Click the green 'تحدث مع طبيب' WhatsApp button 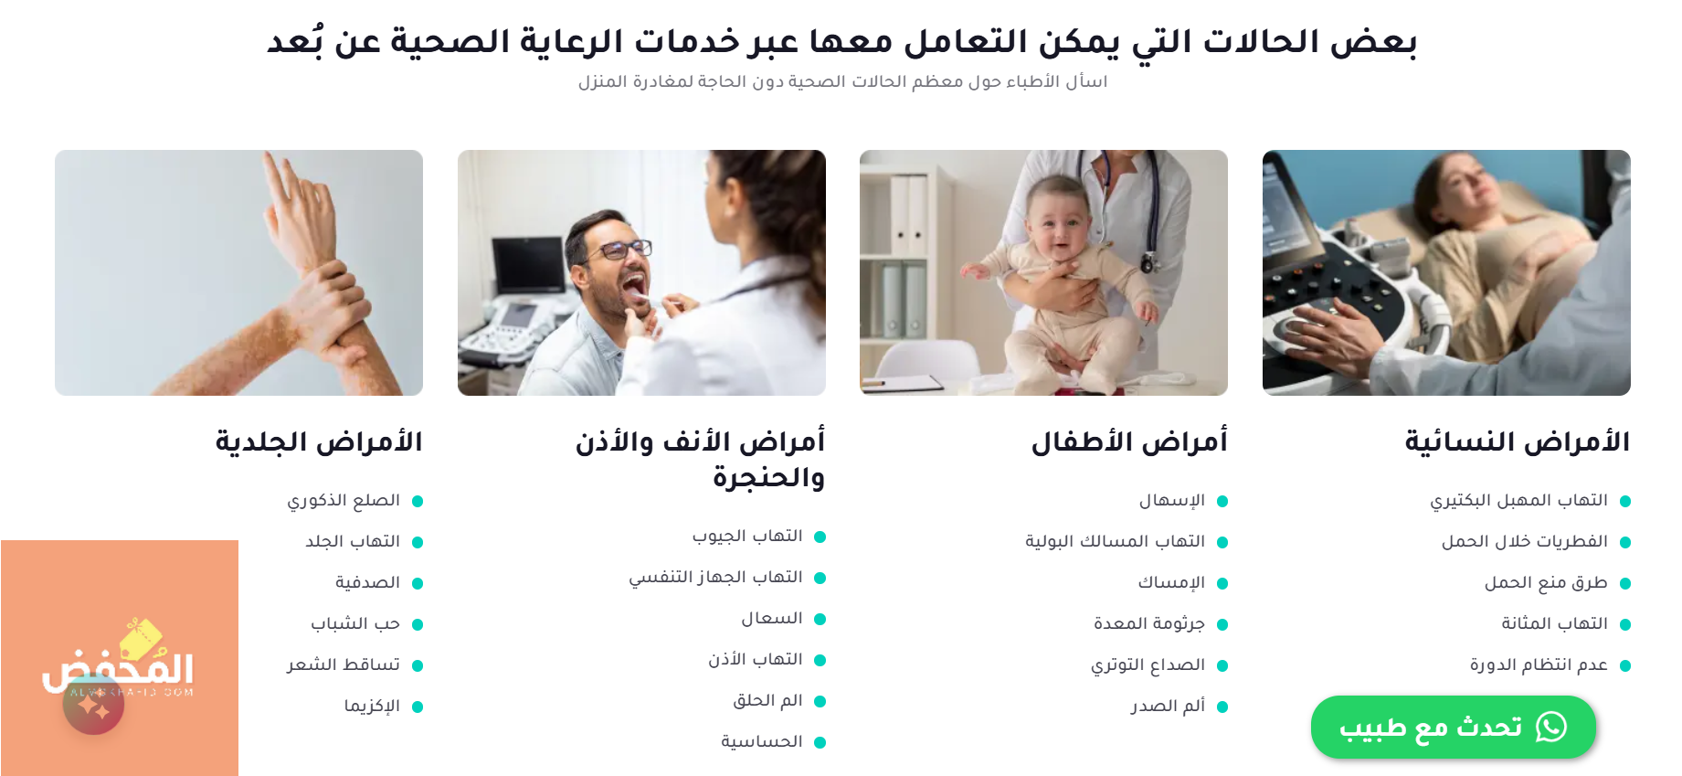(1453, 727)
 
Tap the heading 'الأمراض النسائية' (1518, 442)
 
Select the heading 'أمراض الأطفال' (1129, 442)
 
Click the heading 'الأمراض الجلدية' (319, 442)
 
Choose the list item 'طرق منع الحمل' (1546, 582)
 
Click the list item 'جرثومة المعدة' (1149, 623)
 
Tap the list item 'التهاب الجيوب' (747, 536)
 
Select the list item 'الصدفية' (367, 582)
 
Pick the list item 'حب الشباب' (355, 623)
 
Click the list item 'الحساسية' (762, 741)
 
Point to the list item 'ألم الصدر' (1168, 706)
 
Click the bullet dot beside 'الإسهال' (1222, 501)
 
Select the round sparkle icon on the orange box (93, 705)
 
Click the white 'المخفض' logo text (118, 667)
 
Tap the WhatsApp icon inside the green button (1551, 727)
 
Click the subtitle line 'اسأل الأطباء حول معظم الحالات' (842, 81)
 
